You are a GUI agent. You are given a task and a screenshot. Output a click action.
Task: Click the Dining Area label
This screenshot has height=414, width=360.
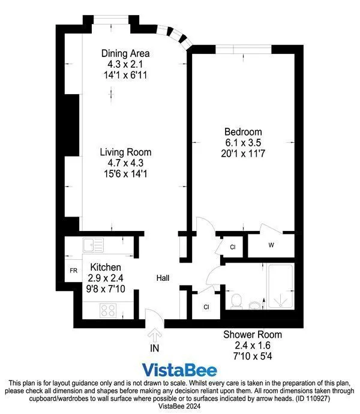coord(125,53)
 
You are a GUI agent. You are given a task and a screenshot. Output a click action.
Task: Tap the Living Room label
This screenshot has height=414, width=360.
coord(125,152)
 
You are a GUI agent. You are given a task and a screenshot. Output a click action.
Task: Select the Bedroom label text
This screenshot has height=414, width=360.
coord(243,132)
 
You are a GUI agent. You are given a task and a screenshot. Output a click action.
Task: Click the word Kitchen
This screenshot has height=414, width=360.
coord(106,267)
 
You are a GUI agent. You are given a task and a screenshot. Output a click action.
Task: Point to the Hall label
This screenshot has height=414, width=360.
coord(163,278)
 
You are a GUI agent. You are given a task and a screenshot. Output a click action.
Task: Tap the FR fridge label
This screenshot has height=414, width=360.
coord(73,271)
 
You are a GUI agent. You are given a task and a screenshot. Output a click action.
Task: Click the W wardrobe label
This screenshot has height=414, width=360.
coord(271,245)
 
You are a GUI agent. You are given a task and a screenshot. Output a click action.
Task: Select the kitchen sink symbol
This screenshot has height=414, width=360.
coord(94,245)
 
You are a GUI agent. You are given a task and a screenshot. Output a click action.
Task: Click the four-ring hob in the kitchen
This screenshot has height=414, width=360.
coord(109,310)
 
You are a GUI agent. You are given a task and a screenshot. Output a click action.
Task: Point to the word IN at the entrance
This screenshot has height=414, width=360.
coord(155,347)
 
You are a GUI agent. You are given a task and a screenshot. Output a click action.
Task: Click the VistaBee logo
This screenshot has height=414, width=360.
coord(180,370)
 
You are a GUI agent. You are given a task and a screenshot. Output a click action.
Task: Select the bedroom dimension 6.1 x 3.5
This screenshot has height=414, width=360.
coord(243,142)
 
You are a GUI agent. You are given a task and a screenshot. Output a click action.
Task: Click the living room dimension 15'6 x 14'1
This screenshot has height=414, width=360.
coord(125,173)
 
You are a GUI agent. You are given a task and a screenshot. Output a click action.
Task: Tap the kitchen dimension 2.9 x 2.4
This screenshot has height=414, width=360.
coord(106,278)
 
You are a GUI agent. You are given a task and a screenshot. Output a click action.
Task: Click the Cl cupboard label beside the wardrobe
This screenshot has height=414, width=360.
coord(232,247)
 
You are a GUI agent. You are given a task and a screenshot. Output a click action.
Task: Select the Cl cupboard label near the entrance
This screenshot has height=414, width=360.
coord(206,307)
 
